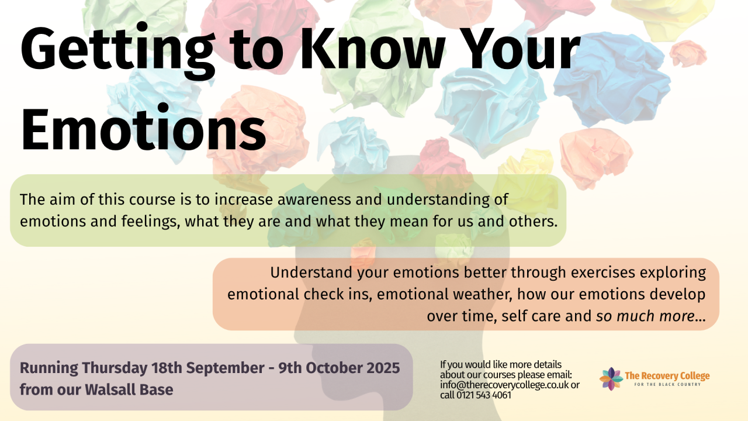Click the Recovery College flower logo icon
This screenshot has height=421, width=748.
611,379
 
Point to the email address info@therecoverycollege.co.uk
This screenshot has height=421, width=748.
504,385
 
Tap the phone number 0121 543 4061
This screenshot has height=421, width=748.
484,395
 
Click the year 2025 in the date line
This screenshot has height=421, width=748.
383,368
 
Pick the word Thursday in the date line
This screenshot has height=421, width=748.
115,368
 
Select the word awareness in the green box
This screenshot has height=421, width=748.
314,199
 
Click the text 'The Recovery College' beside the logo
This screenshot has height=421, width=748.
667,376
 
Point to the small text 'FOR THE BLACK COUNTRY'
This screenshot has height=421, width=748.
667,385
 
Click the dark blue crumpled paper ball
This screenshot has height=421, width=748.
612,78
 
